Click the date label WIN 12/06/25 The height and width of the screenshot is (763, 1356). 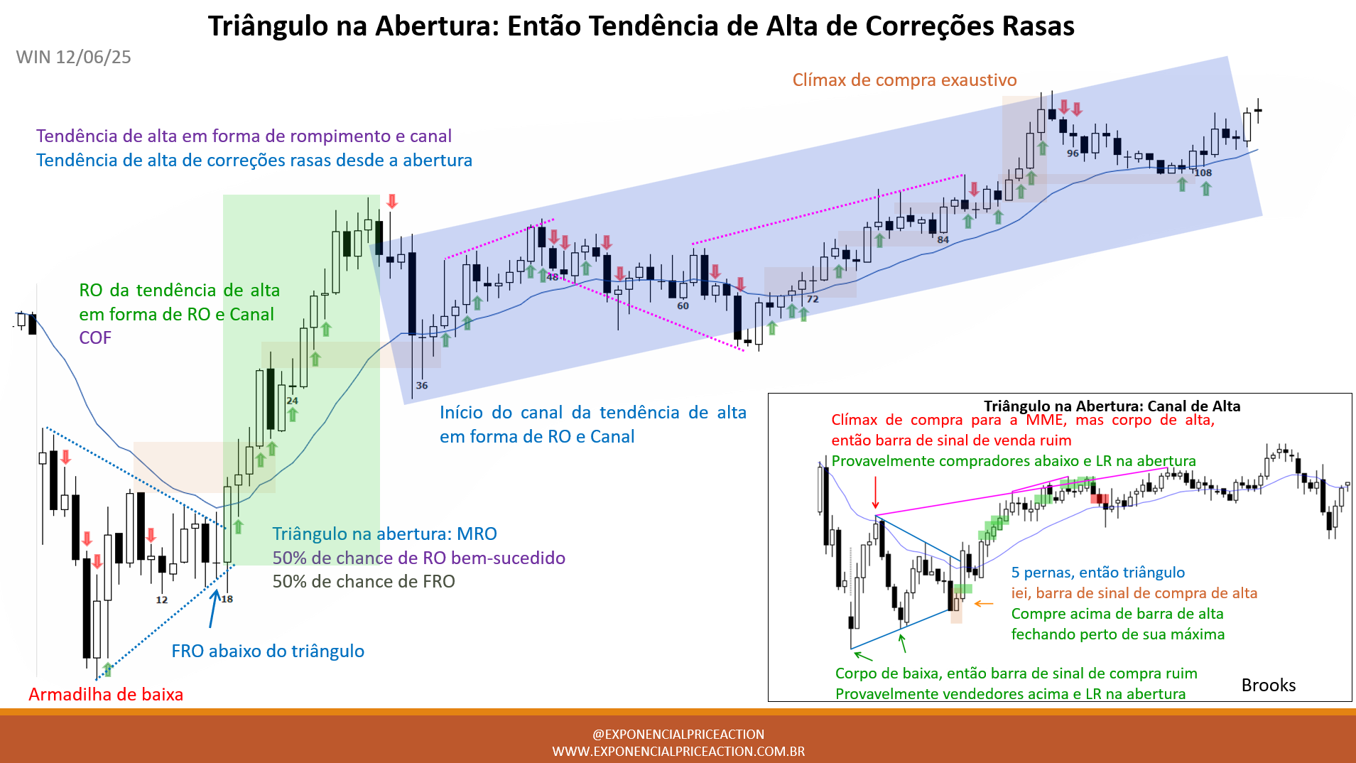click(73, 57)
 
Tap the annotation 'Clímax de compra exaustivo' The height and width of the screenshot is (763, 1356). click(904, 80)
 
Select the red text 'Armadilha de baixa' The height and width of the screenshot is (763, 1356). click(106, 694)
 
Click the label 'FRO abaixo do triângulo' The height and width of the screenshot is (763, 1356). click(268, 651)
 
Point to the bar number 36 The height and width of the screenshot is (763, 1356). click(422, 385)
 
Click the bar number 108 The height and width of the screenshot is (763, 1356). click(1203, 173)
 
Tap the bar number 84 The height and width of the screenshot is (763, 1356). click(943, 239)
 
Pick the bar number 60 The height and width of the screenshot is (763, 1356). click(683, 305)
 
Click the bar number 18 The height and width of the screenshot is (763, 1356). click(227, 599)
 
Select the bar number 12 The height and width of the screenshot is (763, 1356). click(162, 600)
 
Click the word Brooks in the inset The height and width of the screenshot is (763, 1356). click(1269, 685)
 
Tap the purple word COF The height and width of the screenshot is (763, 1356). click(95, 337)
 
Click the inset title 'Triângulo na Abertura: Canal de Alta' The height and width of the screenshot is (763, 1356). click(1112, 406)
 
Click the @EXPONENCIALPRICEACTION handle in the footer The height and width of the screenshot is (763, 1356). click(678, 734)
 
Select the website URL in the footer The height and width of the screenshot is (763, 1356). click(678, 751)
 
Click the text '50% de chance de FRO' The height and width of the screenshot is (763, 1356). click(364, 581)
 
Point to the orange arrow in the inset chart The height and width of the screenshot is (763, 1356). click(984, 604)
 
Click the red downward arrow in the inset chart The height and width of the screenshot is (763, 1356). click(876, 492)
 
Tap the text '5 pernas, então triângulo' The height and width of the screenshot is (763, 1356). click(1098, 572)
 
